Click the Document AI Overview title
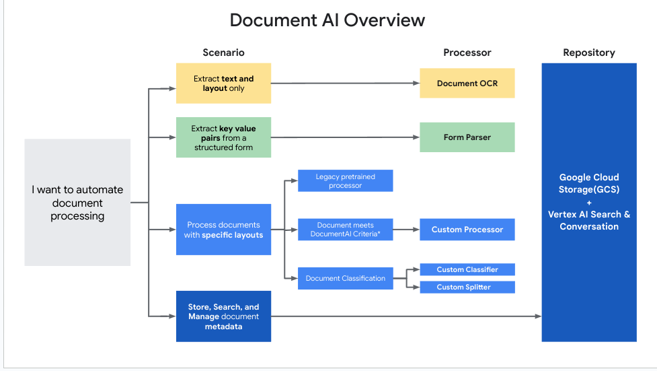327,20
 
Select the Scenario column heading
223,53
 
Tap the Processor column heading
467,53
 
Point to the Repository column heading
588,53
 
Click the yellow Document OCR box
467,83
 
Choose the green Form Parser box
467,137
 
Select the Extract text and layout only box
223,83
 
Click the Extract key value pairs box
223,138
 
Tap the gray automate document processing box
77,203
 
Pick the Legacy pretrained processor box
345,181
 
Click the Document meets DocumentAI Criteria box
345,230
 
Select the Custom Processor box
467,230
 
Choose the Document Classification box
345,278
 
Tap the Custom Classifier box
467,269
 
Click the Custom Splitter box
467,288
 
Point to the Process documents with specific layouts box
223,230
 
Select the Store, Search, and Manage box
223,316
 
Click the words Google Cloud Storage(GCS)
588,183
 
